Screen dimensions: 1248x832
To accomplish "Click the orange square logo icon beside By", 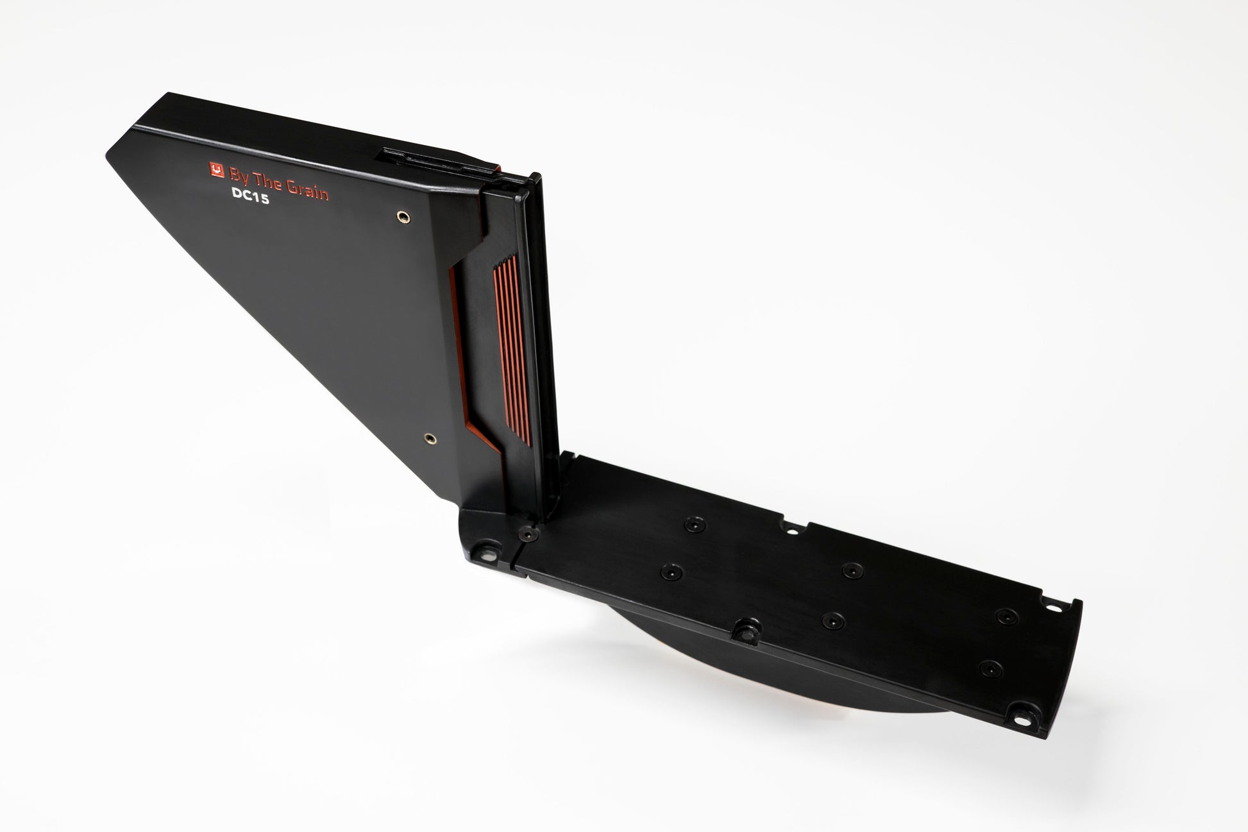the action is click(x=217, y=169).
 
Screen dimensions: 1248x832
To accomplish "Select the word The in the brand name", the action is click(x=269, y=180).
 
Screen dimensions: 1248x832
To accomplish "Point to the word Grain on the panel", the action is click(x=309, y=189).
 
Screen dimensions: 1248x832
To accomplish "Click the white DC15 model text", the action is click(x=249, y=200).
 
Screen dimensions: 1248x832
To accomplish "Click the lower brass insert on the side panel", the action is click(x=428, y=439).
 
